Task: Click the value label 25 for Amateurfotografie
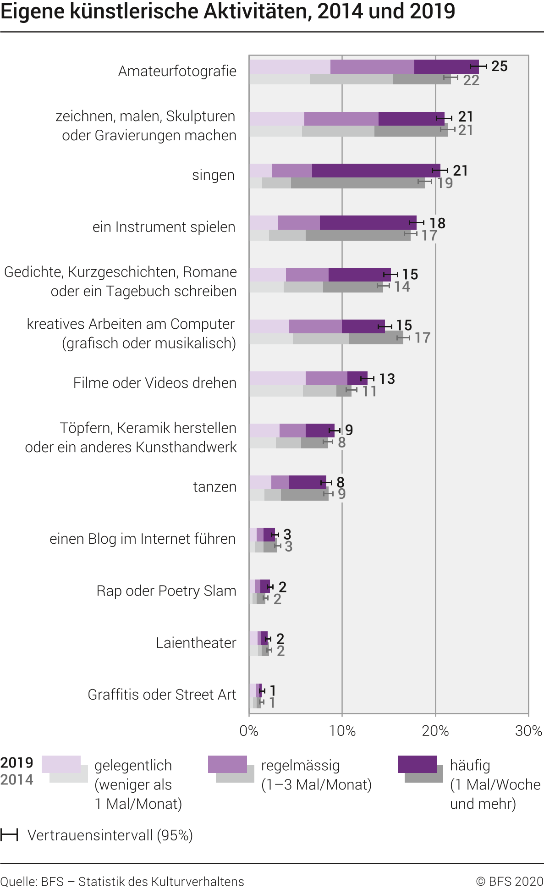point(499,66)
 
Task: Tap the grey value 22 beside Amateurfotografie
point(471,80)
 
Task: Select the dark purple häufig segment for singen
point(376,171)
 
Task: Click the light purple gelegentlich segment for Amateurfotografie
point(290,66)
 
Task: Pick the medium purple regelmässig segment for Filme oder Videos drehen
point(326,378)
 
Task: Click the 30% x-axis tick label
point(528,731)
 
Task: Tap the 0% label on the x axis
point(249,731)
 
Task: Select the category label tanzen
point(214,486)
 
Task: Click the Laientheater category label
point(196,643)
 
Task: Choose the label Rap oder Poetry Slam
point(166,591)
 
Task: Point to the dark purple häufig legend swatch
point(417,764)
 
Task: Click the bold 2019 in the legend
point(17,763)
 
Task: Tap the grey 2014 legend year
point(17,779)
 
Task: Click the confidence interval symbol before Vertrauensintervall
point(9,835)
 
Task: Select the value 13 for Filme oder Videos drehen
point(387,379)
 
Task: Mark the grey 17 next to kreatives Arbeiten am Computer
point(422,338)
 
